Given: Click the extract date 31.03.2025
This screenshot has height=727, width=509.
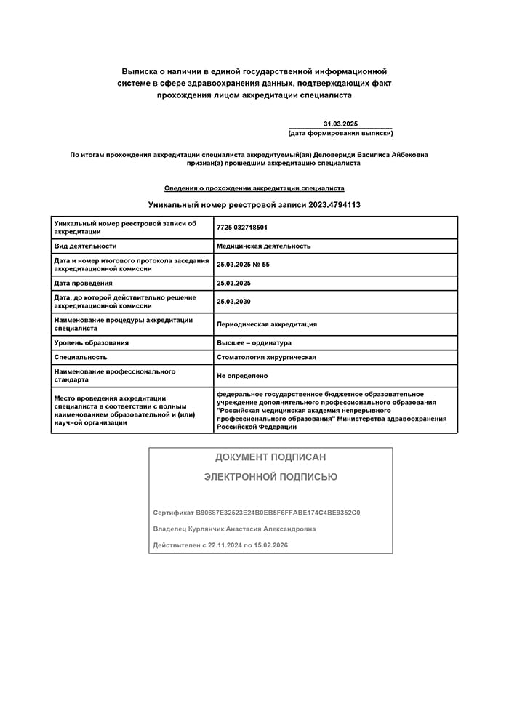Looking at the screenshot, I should click(x=340, y=124).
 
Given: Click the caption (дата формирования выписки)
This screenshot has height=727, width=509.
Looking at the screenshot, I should click(x=340, y=134).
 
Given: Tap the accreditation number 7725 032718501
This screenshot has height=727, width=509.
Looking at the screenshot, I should click(x=242, y=228).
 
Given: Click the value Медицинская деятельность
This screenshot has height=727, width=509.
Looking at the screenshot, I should click(x=263, y=246).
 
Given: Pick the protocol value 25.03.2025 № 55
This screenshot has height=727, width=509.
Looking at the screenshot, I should click(x=243, y=265).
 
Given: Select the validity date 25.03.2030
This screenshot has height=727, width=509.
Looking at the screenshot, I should click(x=233, y=301).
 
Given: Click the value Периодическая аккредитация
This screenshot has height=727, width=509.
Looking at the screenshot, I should click(x=267, y=324).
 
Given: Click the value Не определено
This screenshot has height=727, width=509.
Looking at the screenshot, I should click(x=242, y=376).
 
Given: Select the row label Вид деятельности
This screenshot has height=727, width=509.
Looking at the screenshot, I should click(x=85, y=246).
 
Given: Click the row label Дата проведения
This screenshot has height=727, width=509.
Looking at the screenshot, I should click(x=84, y=283).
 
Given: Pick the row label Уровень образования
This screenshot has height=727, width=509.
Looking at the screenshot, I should click(x=92, y=342).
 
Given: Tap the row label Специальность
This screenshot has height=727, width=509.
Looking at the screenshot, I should click(x=81, y=357).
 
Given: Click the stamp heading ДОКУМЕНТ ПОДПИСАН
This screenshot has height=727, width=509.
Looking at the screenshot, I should click(x=270, y=457).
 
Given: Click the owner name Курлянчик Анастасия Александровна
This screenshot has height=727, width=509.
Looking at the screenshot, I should click(x=254, y=529).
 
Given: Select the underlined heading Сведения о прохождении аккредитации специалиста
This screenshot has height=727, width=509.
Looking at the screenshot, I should click(x=254, y=188).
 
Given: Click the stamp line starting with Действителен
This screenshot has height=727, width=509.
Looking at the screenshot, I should click(x=220, y=545).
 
